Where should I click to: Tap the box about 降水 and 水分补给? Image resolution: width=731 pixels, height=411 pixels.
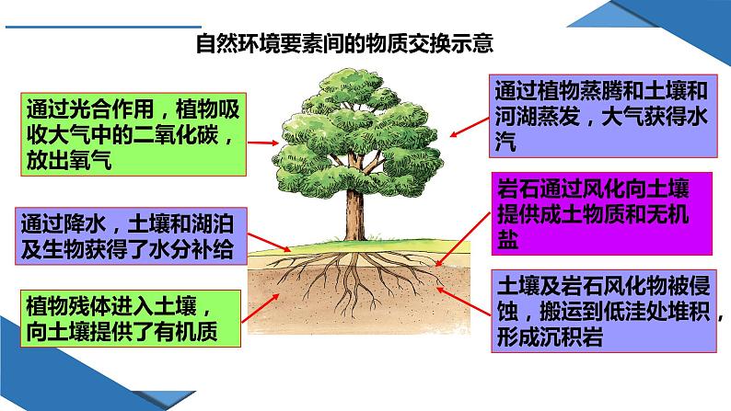pyautogui.click(x=132, y=235)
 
